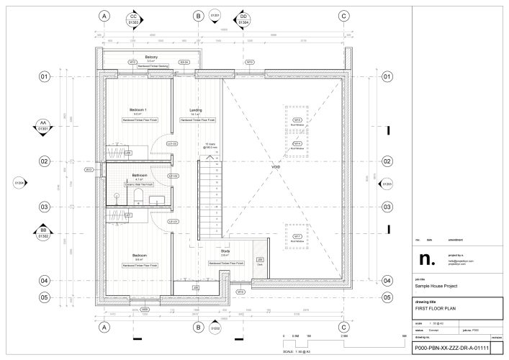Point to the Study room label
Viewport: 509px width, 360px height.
click(x=225, y=251)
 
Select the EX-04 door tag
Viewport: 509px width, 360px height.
click(x=184, y=62)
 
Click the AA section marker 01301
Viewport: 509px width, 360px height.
click(x=44, y=127)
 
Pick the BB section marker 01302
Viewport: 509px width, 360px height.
click(x=44, y=233)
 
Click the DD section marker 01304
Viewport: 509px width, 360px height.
click(x=243, y=19)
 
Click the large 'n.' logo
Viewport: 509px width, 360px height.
click(x=427, y=258)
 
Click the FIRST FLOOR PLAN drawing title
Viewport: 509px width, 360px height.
click(x=437, y=307)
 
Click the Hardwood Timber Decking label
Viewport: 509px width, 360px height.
click(x=153, y=66)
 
